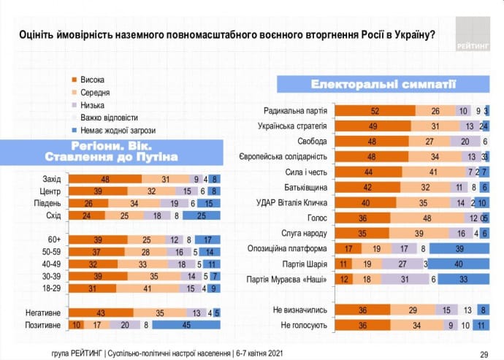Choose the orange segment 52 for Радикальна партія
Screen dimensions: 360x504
click(x=375, y=110)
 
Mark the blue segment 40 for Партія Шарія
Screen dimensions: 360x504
click(x=458, y=263)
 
